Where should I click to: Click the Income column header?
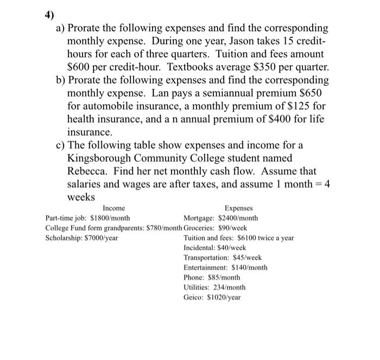click(x=113, y=208)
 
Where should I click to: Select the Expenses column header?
click(x=239, y=208)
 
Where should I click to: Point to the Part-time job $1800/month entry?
click(x=87, y=218)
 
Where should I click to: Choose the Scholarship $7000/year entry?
click(x=82, y=238)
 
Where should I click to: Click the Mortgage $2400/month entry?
click(x=221, y=218)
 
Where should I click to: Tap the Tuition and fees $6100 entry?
click(x=239, y=238)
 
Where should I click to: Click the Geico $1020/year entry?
click(x=212, y=297)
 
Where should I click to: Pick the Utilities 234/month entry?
click(x=215, y=287)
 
